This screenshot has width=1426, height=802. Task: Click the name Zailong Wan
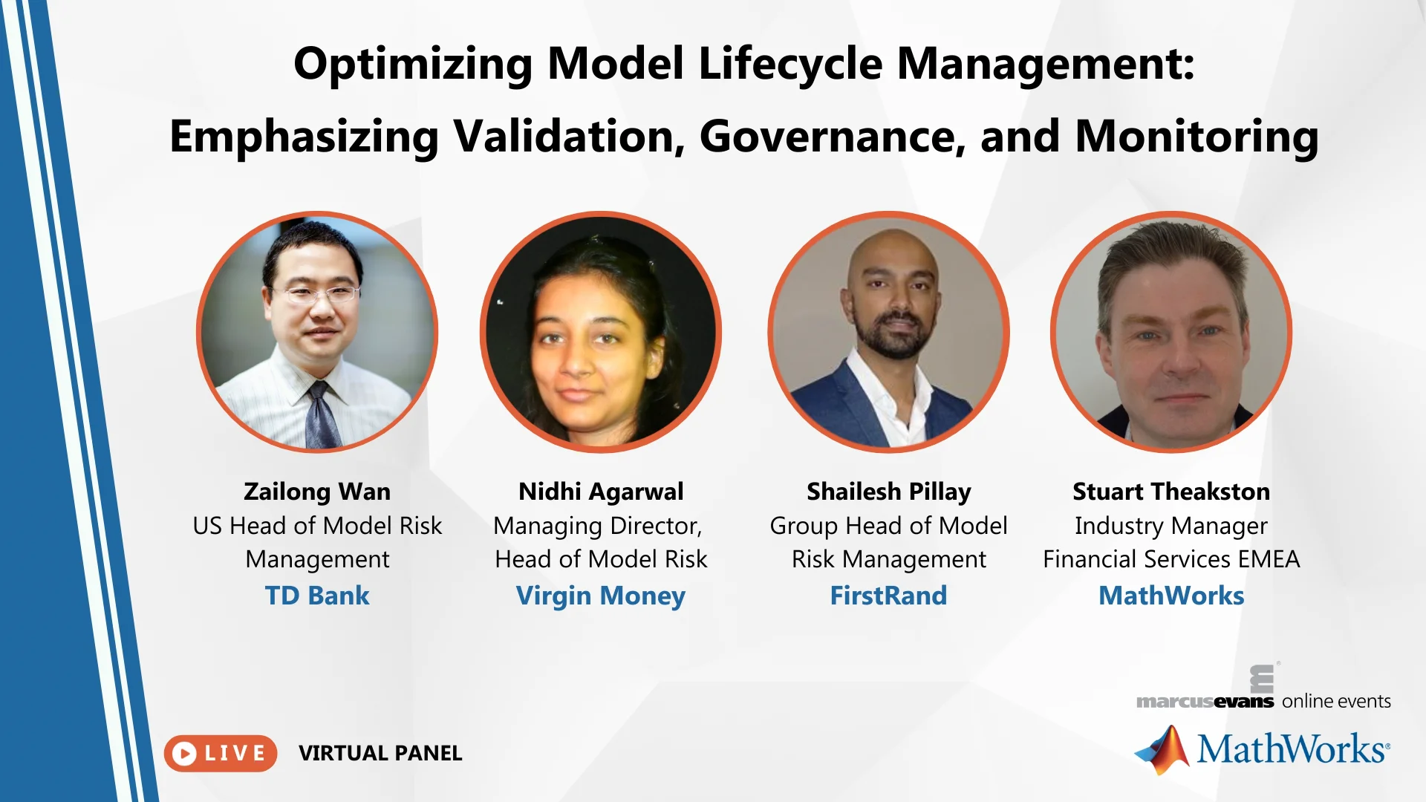click(317, 492)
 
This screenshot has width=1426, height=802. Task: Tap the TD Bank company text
click(317, 596)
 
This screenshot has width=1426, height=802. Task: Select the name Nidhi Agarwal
click(601, 492)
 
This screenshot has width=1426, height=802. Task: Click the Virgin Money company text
click(601, 596)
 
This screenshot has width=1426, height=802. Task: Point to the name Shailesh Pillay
click(889, 492)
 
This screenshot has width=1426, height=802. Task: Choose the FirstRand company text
click(889, 596)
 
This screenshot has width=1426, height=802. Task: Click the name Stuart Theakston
click(1171, 492)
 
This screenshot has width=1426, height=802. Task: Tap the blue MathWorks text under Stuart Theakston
click(1171, 596)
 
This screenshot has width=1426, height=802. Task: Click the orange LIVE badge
click(221, 753)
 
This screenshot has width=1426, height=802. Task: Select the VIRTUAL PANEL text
click(380, 753)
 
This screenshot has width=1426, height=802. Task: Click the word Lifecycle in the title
click(790, 64)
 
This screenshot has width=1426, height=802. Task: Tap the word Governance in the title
click(833, 137)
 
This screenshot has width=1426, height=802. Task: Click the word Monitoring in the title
click(1197, 137)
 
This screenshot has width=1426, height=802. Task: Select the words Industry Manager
click(1171, 526)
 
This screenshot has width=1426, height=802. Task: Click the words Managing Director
click(598, 526)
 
